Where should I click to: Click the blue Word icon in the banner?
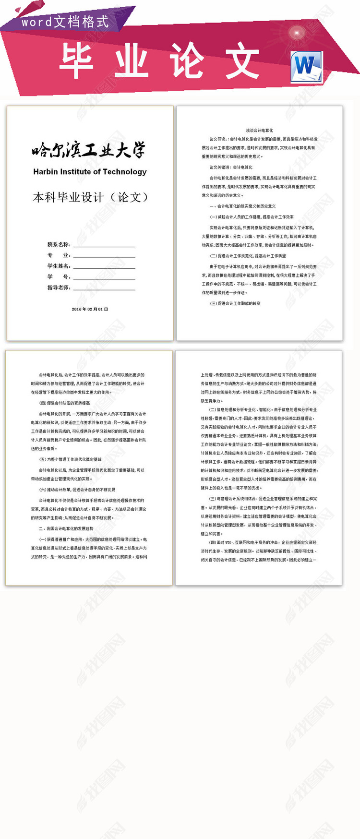[x=306, y=67]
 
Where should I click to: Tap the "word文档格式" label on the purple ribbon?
[x=65, y=22]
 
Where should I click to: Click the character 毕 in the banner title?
[x=76, y=60]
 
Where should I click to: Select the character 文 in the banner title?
[x=243, y=60]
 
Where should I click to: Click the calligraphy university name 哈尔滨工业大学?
[x=89, y=151]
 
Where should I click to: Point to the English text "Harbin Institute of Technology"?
[x=90, y=172]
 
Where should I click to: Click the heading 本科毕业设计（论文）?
[x=90, y=197]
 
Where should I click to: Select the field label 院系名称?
[x=59, y=245]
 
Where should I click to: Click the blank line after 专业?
[x=104, y=256]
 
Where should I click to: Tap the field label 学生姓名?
[x=59, y=266]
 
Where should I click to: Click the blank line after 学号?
[x=104, y=278]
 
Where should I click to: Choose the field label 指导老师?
[x=59, y=288]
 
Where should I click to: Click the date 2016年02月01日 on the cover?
[x=90, y=309]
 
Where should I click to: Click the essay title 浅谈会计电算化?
[x=259, y=131]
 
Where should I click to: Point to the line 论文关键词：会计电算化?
[x=231, y=168]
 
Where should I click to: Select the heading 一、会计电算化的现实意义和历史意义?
[x=242, y=206]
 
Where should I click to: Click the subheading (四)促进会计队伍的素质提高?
[x=64, y=403]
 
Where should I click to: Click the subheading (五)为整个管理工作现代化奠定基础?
[x=70, y=459]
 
